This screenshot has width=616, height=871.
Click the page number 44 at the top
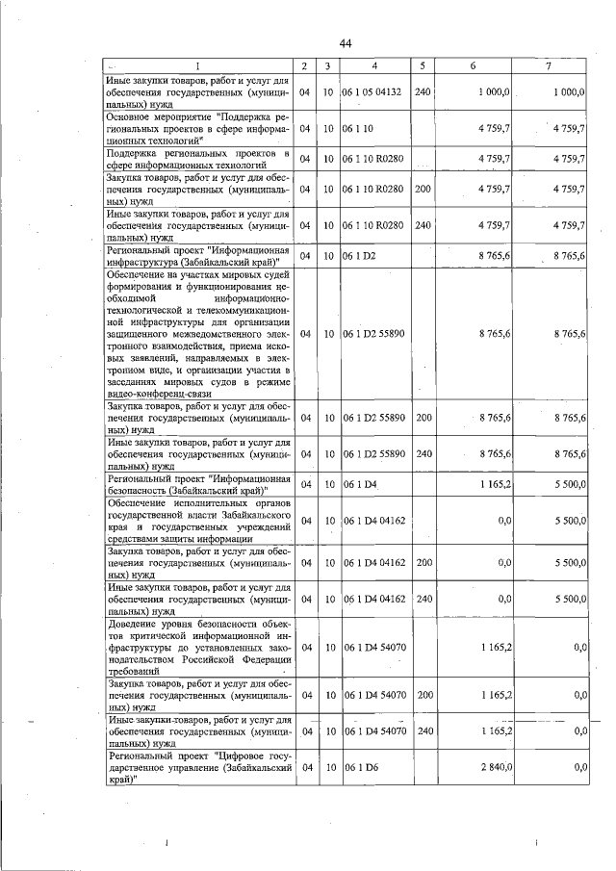[x=346, y=43]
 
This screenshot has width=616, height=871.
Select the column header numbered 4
[x=374, y=66]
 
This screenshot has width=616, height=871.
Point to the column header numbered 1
[x=198, y=66]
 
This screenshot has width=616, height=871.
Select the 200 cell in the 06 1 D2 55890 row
[x=423, y=419]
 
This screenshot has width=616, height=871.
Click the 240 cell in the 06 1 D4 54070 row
[x=423, y=730]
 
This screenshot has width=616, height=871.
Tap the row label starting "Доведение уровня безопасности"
[x=198, y=649]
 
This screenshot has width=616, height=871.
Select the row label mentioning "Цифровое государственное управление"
[x=198, y=768]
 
